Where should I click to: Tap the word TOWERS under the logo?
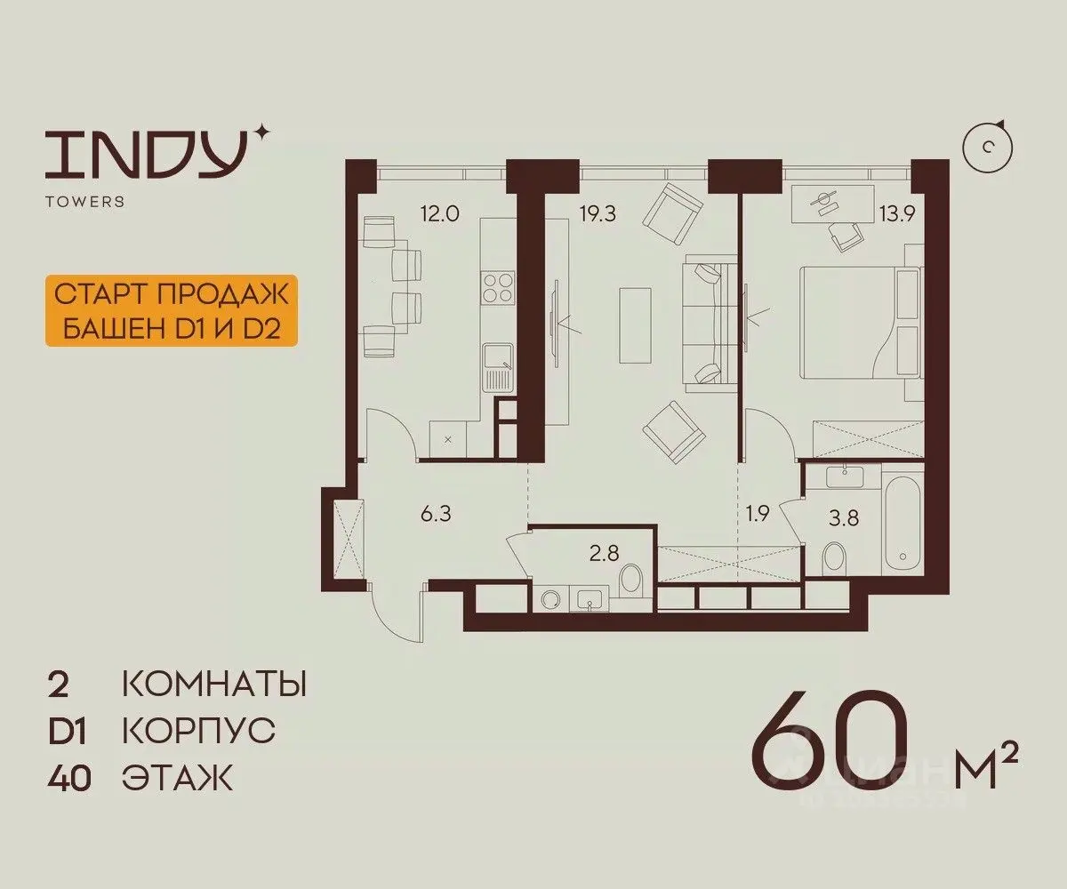click(84, 201)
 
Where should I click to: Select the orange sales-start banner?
click(172, 311)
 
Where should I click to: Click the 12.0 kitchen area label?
click(439, 213)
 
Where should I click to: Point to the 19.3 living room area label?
click(598, 213)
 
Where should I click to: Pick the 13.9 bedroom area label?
click(897, 212)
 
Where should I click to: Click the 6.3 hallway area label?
click(436, 514)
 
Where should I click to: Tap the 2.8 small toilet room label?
click(605, 553)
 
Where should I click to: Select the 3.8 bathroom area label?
click(844, 518)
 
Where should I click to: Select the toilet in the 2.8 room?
click(632, 580)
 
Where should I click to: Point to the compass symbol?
click(987, 148)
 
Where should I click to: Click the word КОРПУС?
click(199, 731)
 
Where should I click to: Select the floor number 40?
click(68, 779)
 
